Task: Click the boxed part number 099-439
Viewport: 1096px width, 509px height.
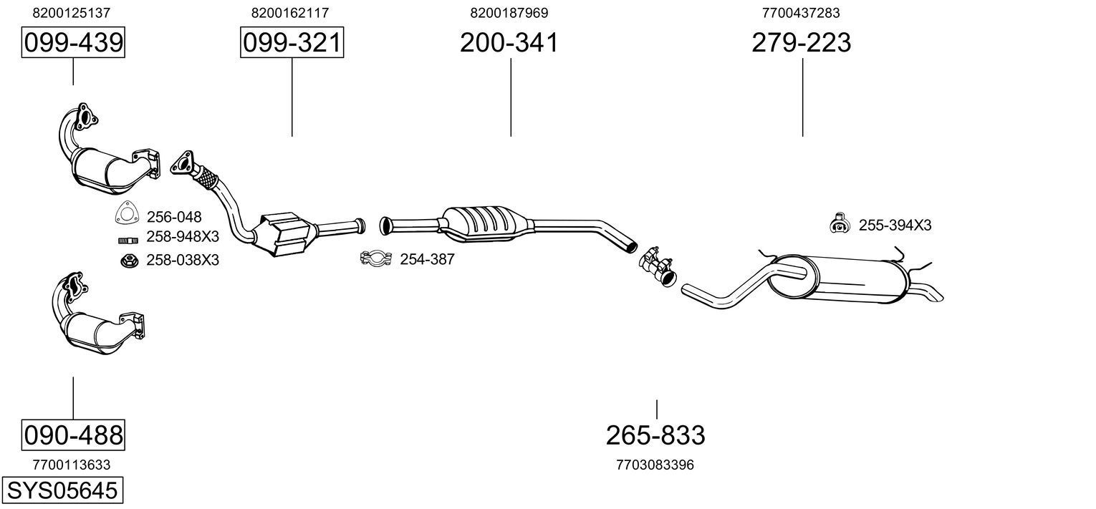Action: (73, 43)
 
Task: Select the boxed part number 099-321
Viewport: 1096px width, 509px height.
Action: (292, 43)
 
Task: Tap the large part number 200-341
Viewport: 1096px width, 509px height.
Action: (509, 43)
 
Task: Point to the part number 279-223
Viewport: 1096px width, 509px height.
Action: (801, 43)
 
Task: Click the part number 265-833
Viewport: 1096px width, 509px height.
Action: (655, 435)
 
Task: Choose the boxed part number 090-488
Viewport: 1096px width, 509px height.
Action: (73, 435)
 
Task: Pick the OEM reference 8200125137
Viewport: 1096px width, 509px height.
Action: (72, 13)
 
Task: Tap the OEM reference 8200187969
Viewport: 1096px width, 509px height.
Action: (509, 13)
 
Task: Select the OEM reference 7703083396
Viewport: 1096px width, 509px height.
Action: (655, 465)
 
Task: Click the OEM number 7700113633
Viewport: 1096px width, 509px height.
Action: (72, 465)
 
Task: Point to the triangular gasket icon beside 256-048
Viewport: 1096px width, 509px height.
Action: (127, 215)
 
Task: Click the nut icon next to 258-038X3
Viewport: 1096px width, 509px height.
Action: (129, 261)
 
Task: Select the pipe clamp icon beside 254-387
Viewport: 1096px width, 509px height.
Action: (376, 258)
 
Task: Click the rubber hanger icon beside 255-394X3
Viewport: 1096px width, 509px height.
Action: (837, 224)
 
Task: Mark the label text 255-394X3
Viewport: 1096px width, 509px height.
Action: (895, 226)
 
